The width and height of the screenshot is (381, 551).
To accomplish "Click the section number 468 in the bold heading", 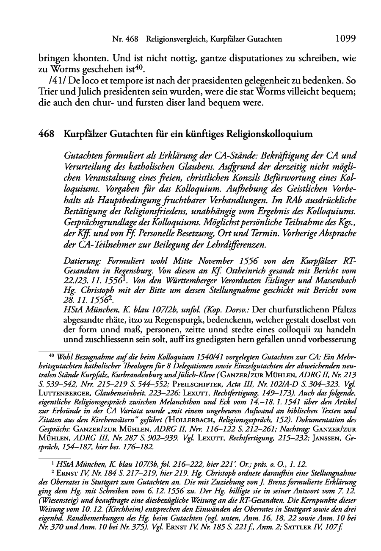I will click(46, 134).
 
